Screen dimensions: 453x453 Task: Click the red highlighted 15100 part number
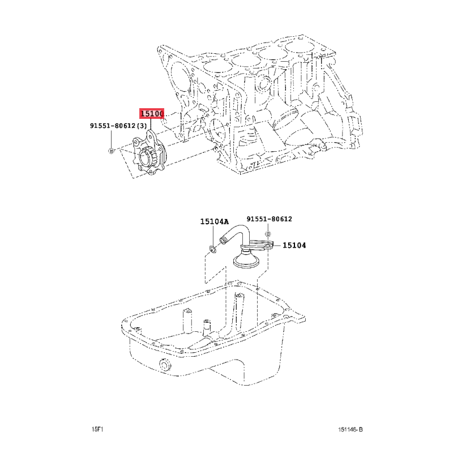[152, 114]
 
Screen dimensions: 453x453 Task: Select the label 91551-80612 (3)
[118, 126]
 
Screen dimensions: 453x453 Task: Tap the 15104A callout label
[215, 221]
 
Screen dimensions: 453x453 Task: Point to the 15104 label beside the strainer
[294, 245]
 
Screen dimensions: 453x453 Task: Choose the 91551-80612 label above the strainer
[270, 219]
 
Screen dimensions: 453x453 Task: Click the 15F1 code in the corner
[97, 429]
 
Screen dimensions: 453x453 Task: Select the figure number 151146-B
[351, 430]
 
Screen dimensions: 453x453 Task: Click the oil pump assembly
[149, 153]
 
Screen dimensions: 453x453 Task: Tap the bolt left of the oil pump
[111, 151]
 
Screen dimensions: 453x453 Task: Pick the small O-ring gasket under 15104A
[212, 249]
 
